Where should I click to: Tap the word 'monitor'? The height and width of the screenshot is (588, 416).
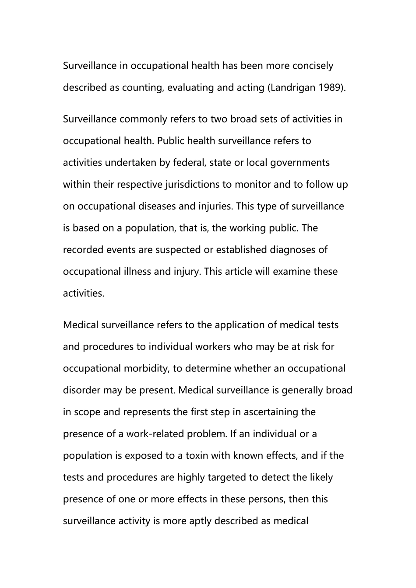tap(253, 184)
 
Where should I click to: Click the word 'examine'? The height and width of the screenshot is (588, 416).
tap(292, 272)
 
